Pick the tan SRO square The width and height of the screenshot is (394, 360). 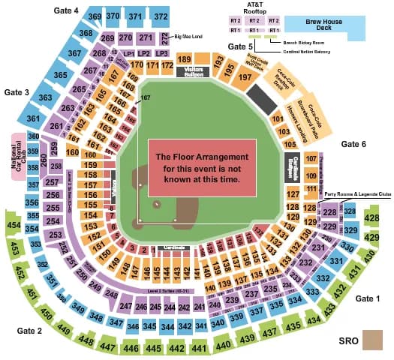(370, 340)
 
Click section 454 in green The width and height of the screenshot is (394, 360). (13, 224)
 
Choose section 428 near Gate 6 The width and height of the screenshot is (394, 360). (371, 217)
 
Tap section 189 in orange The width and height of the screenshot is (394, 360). (184, 59)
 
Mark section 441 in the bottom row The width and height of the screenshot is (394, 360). (198, 348)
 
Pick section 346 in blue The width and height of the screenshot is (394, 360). (133, 327)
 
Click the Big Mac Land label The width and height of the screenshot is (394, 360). (188, 35)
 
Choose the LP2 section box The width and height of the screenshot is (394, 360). (144, 54)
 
